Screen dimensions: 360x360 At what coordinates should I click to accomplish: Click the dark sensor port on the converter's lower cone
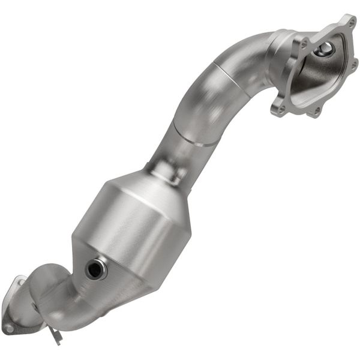pos(94,269)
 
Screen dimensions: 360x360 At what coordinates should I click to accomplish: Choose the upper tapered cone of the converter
pos(159,186)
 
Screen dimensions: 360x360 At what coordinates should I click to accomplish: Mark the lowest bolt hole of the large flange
pos(316,111)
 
